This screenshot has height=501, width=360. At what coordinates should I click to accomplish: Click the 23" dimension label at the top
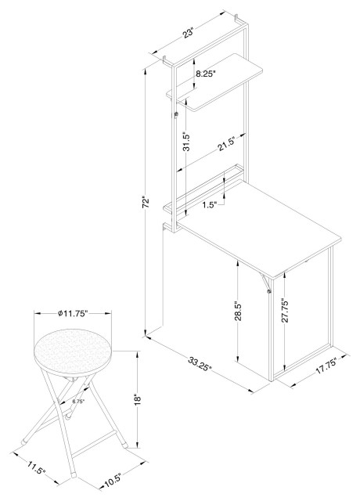pos(189,33)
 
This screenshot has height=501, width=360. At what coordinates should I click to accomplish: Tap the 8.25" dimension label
pos(206,74)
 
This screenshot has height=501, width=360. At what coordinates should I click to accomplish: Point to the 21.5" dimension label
pos(226,144)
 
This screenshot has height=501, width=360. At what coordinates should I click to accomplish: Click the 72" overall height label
pos(146,202)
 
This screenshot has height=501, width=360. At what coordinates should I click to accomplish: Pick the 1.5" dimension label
pos(209,205)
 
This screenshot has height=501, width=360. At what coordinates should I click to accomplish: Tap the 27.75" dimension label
pos(285,311)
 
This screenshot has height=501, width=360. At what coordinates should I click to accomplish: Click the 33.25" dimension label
pos(200,364)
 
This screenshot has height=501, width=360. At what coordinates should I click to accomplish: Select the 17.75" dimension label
pos(326,366)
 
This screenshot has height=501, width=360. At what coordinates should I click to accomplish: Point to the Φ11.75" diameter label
pos(73,314)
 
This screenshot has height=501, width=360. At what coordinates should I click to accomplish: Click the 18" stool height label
pos(138,400)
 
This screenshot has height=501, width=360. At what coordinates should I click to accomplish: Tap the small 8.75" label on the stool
pos(78,402)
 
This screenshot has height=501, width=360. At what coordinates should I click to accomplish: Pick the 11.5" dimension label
pos(37,467)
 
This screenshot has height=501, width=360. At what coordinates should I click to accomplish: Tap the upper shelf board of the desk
pos(214,82)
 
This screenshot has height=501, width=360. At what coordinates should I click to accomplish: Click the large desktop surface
pos(259,229)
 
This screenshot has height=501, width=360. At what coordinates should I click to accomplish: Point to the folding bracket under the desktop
pos(265,283)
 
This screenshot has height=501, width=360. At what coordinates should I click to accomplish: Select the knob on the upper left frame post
pos(175,114)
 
